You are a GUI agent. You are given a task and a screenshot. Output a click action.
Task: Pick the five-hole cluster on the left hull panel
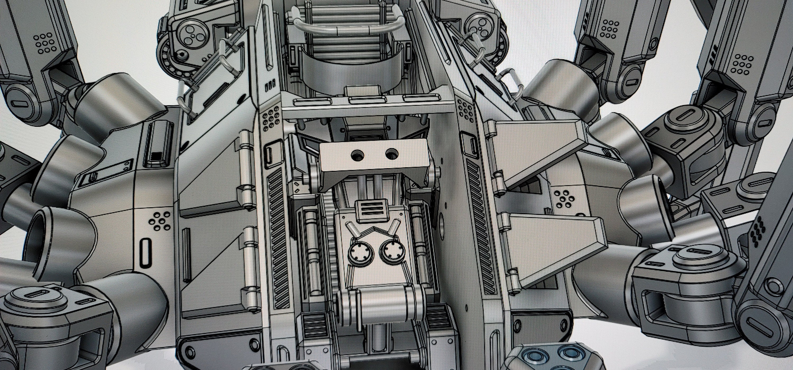coord(159,221)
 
